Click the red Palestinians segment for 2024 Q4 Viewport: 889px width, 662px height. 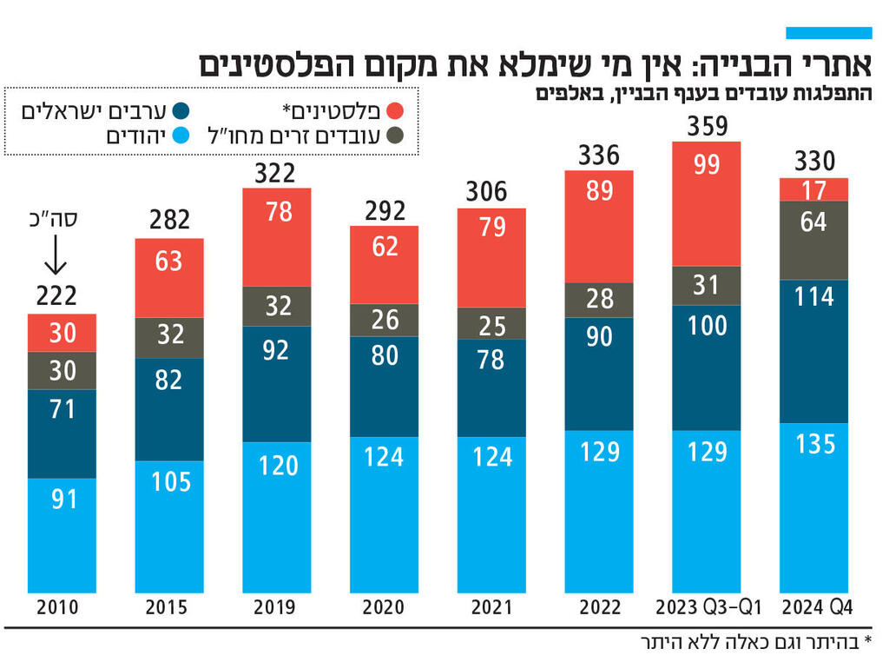813,189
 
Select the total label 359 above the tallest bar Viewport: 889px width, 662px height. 707,127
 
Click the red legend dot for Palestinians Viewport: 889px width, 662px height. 396,110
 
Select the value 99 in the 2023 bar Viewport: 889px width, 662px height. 707,163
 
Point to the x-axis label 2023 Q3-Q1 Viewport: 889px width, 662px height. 707,606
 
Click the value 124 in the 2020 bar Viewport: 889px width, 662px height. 384,456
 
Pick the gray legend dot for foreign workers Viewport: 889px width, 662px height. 396,136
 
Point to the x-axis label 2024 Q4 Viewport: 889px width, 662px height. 813,606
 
